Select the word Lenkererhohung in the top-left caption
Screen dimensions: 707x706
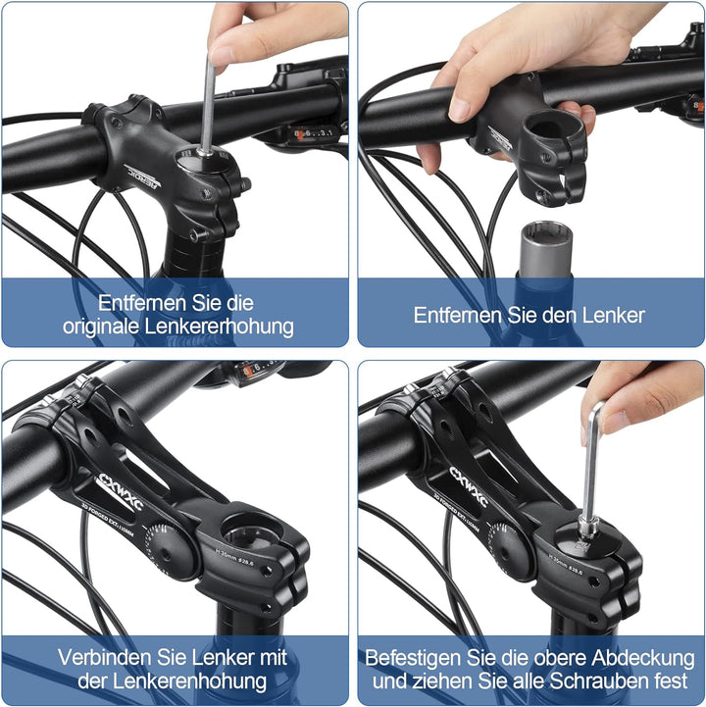pyautogui.click(x=223, y=327)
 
